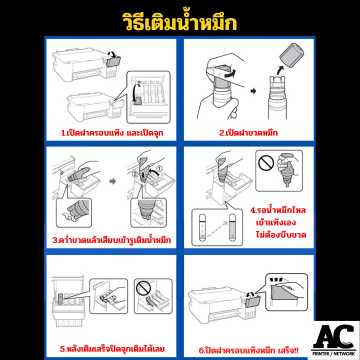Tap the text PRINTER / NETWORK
(333, 354)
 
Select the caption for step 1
(112, 132)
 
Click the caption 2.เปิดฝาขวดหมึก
(248, 132)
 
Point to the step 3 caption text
(111, 239)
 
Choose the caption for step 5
(112, 349)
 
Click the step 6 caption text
(248, 350)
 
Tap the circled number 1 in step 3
(159, 168)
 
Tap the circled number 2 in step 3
(135, 174)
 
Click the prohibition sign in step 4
(266, 162)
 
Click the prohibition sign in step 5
(143, 288)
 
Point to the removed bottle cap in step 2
(291, 55)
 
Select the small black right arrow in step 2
(253, 91)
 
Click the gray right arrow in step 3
(112, 181)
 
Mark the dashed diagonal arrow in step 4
(217, 229)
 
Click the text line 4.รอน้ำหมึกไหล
(278, 210)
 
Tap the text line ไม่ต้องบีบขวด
(281, 235)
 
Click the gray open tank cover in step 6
(253, 301)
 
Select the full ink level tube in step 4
(232, 227)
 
